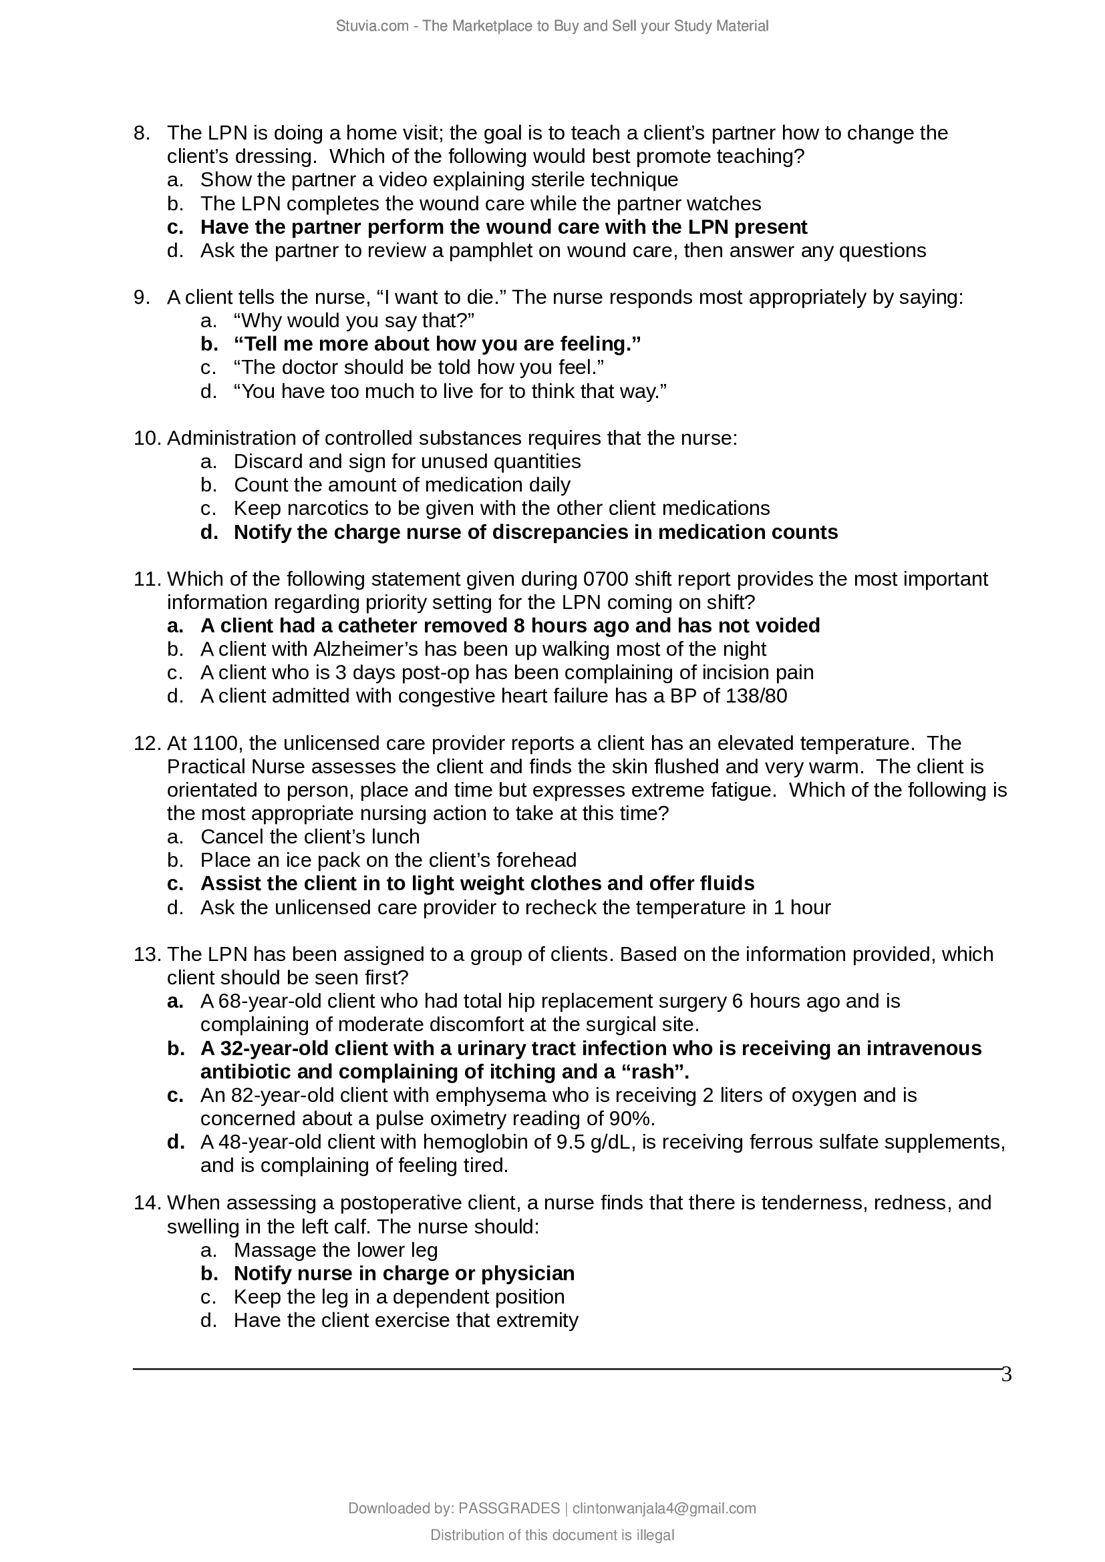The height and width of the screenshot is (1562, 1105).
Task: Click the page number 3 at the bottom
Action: [1006, 1375]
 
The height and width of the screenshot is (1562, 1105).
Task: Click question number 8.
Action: [141, 133]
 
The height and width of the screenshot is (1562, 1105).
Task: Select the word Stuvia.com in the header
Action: [371, 26]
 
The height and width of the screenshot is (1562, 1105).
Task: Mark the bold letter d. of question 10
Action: [209, 532]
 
